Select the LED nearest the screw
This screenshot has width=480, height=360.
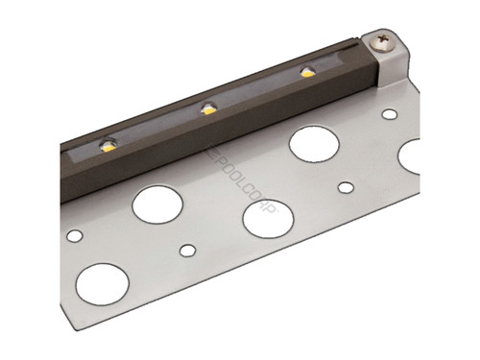pos(307,72)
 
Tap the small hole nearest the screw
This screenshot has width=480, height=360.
pos(389,114)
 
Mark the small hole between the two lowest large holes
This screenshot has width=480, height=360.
pos(187,252)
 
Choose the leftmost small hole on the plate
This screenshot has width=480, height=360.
pos(73,233)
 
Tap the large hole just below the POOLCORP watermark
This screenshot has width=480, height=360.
pos(268,218)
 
